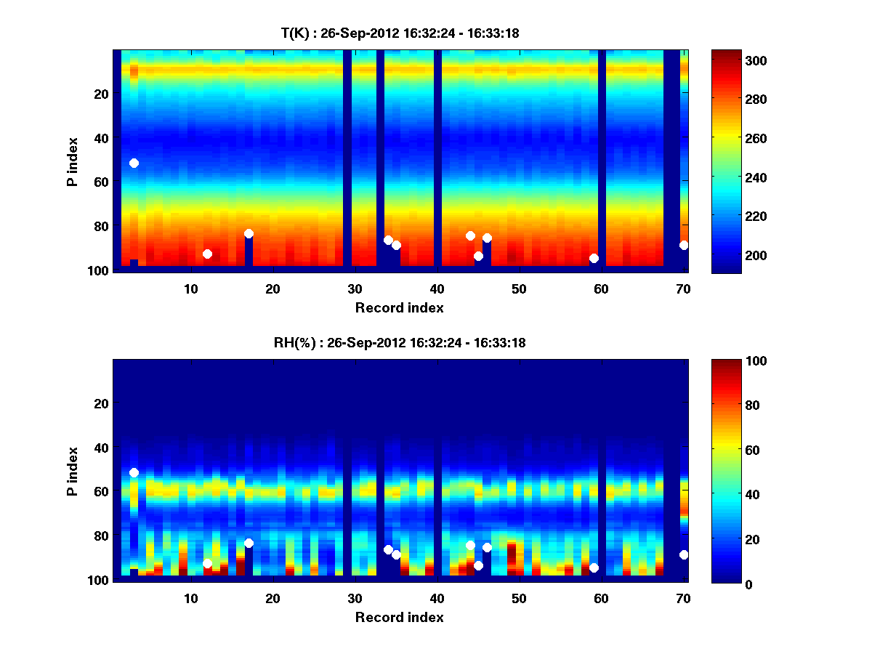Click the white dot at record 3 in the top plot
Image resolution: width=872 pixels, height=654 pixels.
134,163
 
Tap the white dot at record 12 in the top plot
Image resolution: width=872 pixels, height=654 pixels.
207,254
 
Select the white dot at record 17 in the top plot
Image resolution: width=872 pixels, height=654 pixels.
249,233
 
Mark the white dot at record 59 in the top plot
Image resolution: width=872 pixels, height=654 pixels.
594,258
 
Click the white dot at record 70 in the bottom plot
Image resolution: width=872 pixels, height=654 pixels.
684,554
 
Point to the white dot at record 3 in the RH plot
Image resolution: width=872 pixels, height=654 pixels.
134,472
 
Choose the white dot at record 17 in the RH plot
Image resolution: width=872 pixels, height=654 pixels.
249,543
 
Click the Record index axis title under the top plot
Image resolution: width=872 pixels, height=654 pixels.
399,307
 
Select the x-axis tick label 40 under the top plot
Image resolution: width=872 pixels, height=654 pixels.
437,288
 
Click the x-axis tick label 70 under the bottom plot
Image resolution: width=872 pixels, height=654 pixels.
683,598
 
